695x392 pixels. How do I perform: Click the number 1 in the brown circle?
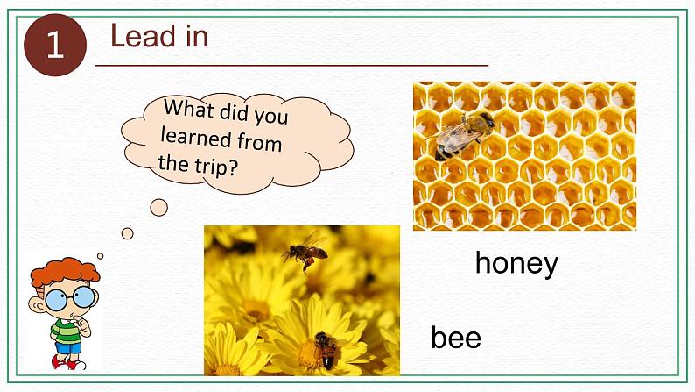(55, 45)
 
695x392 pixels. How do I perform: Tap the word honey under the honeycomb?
(516, 264)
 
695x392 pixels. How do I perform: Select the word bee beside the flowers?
(456, 337)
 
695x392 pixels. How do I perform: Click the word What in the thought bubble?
(189, 109)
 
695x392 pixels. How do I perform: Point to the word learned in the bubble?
(196, 137)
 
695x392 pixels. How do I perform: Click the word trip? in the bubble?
(217, 167)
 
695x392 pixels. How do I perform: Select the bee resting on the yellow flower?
(326, 349)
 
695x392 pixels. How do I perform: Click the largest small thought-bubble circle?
(159, 207)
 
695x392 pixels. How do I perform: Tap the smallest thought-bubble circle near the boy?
(100, 256)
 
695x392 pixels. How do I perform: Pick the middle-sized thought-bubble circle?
(128, 233)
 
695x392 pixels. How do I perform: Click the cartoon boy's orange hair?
(64, 270)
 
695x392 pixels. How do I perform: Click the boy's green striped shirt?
(67, 331)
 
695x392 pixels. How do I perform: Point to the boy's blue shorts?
(68, 347)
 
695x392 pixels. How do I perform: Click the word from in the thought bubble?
(260, 142)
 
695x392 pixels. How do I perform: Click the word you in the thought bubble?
(270, 116)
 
